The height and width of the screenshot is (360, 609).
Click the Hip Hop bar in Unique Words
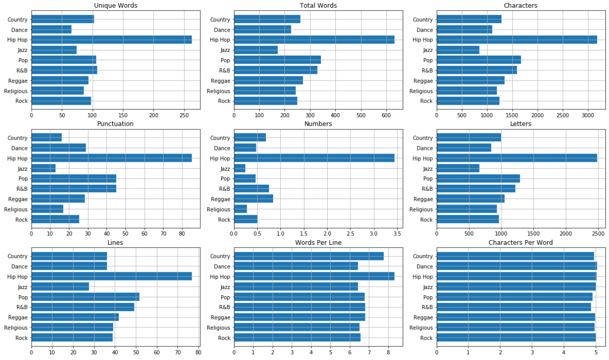pyautogui.click(x=112, y=40)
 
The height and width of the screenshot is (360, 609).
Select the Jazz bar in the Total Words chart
pyautogui.click(x=256, y=50)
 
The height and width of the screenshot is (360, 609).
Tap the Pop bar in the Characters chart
pyautogui.click(x=479, y=60)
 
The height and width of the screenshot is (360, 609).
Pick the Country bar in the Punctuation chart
pyautogui.click(x=46, y=138)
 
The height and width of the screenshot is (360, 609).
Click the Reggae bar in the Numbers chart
pyautogui.click(x=253, y=199)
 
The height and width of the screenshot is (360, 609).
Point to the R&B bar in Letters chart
pyautogui.click(x=475, y=189)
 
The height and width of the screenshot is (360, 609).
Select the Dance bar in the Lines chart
pyautogui.click(x=69, y=266)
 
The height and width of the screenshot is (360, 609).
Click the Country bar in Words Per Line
pyautogui.click(x=308, y=256)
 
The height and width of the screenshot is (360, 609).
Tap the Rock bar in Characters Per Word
pyautogui.click(x=516, y=338)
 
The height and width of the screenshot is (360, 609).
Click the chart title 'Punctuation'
pyautogui.click(x=116, y=124)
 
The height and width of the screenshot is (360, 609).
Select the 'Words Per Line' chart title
pyautogui.click(x=318, y=242)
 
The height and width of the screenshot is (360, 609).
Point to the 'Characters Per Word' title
pyautogui.click(x=520, y=242)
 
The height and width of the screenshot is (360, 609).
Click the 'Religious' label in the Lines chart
pyautogui.click(x=16, y=328)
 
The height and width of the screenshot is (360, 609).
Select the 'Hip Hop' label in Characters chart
pyautogui.click(x=422, y=40)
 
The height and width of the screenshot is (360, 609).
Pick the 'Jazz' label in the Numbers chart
pyautogui.click(x=225, y=169)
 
